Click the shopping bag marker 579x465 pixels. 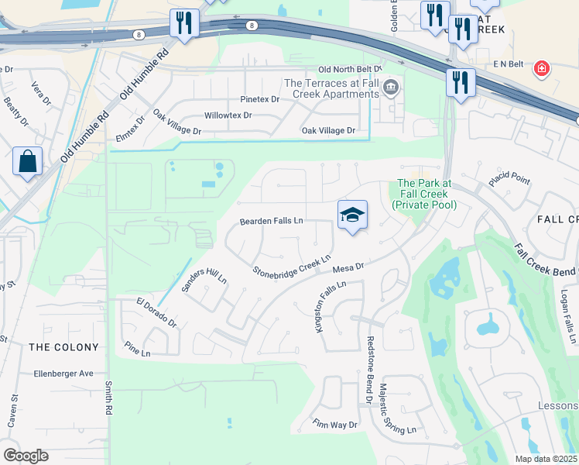pyautogui.click(x=27, y=162)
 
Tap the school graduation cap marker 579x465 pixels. pyautogui.click(x=352, y=215)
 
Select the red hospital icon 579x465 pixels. pyautogui.click(x=543, y=69)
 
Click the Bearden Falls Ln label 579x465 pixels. pyautogui.click(x=271, y=221)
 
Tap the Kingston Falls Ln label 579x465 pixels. pyautogui.click(x=329, y=308)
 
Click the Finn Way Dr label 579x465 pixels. pyautogui.click(x=335, y=425)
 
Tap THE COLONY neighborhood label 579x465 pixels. pyautogui.click(x=64, y=347)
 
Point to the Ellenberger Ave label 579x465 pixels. pyautogui.click(x=63, y=374)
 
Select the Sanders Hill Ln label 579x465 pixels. pyautogui.click(x=204, y=285)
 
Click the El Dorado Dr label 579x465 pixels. pyautogui.click(x=156, y=312)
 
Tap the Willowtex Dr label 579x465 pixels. pyautogui.click(x=228, y=115)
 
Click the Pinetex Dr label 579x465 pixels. pyautogui.click(x=259, y=99)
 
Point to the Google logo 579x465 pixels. pyautogui.click(x=26, y=456)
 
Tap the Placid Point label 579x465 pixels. pyautogui.click(x=509, y=181)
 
